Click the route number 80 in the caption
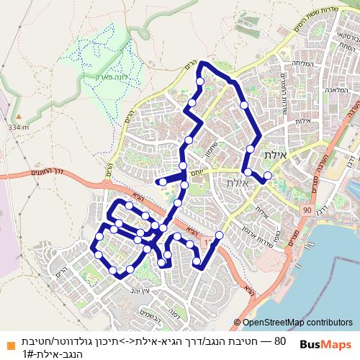pos(281,341)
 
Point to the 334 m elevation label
pos(18,127)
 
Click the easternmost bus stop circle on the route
pos(268,175)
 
